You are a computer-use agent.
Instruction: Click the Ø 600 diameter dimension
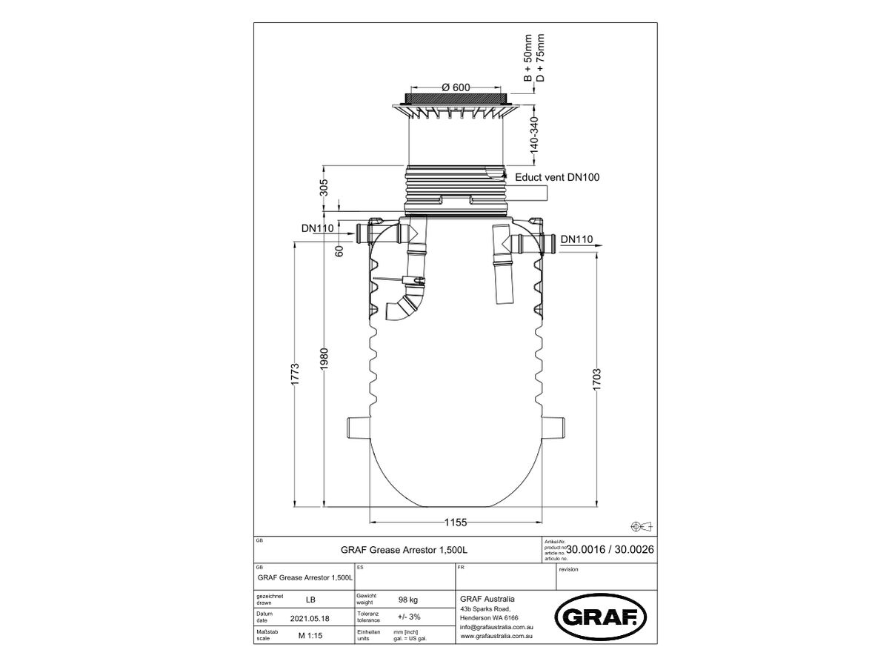click(x=456, y=87)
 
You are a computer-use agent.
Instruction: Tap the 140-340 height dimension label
click(x=534, y=135)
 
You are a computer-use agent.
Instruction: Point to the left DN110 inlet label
click(x=317, y=228)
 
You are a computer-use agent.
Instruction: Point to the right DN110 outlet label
click(x=576, y=239)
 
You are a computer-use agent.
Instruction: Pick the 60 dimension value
click(x=339, y=250)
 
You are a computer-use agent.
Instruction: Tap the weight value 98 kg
click(x=409, y=600)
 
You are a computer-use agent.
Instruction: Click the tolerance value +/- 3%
click(x=408, y=617)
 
